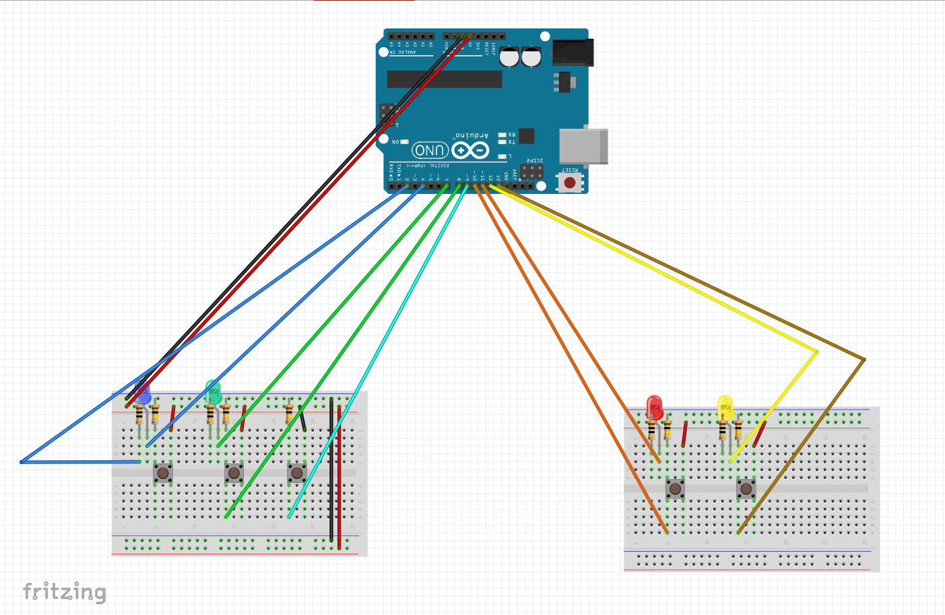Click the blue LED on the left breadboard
[x=143, y=393]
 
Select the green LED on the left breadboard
[x=213, y=391]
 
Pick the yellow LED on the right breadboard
[x=725, y=408]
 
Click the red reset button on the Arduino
[x=570, y=183]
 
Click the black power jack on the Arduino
[x=573, y=53]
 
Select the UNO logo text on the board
[x=430, y=150]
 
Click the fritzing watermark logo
[x=65, y=592]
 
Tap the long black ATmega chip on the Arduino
[x=445, y=79]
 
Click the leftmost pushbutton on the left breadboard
[x=163, y=472]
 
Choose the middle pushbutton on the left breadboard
[x=234, y=472]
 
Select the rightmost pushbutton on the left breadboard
[x=297, y=472]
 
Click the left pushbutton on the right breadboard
[x=676, y=488]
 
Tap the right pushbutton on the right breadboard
[x=746, y=488]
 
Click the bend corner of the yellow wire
[x=817, y=352]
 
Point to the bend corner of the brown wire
[x=864, y=360]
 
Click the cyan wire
[x=377, y=350]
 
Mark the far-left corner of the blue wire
[x=22, y=462]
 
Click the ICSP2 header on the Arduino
[x=531, y=171]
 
